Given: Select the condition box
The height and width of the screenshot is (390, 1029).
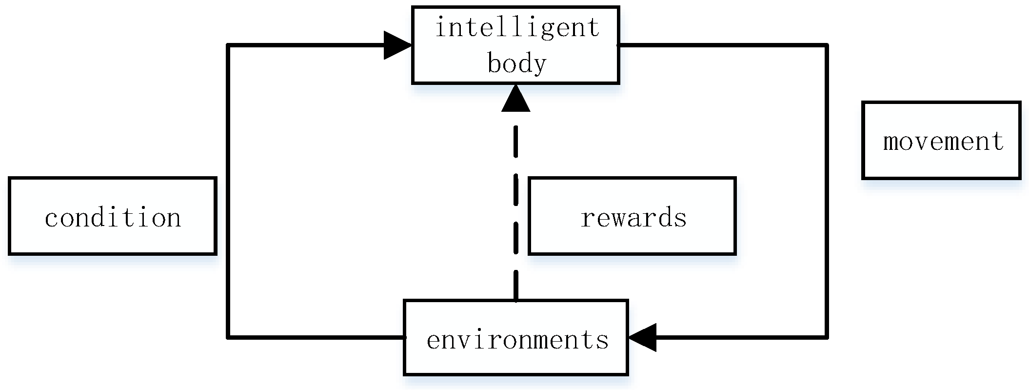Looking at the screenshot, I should coord(112,216).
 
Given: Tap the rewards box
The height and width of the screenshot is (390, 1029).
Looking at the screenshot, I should coord(632,216).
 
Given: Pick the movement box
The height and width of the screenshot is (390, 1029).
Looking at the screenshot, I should coord(941,141).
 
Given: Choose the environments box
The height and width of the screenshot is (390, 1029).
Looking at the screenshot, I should coord(515,338).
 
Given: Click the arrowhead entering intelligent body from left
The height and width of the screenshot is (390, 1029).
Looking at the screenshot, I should coord(397,45).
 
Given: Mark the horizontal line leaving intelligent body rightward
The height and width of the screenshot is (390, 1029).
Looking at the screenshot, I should coord(722,45).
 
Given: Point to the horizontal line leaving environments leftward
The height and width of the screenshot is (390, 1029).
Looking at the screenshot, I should coord(317,337).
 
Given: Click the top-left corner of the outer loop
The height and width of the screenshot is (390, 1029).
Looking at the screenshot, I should coord(228,45).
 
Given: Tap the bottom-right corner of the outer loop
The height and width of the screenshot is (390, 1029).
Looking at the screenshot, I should coord(827,337).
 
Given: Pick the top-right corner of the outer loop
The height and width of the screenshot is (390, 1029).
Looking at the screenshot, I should coord(827,45).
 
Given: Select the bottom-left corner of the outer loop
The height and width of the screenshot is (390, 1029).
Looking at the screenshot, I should coord(228,337).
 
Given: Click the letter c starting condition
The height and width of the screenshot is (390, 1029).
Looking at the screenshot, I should coord(51,219).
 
